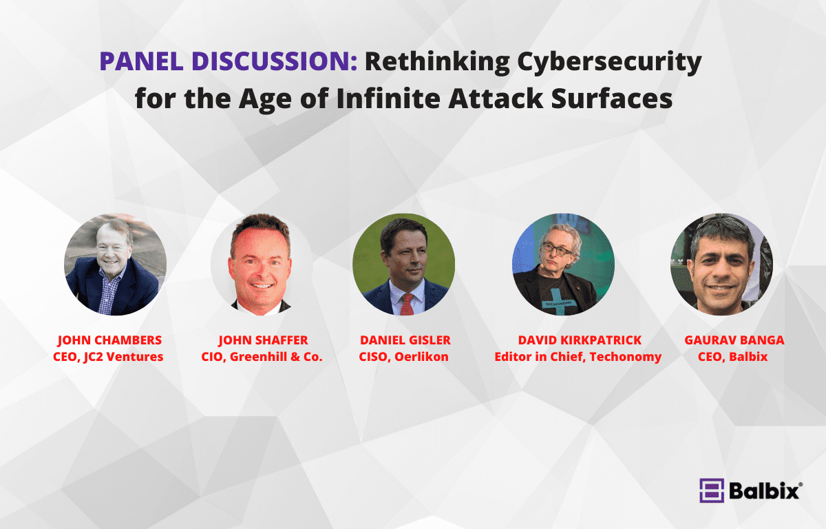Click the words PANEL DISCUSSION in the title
[x=229, y=61]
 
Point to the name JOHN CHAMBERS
[x=109, y=340]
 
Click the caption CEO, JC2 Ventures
[x=108, y=357]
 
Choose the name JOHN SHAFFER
[x=263, y=340]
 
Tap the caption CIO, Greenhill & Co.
[x=262, y=357]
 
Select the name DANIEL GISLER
[x=405, y=340]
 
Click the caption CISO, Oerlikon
[x=404, y=357]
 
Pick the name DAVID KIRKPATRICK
[x=580, y=340]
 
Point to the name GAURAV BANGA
[x=734, y=340]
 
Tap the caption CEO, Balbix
[x=732, y=357]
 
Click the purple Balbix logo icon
[x=712, y=490]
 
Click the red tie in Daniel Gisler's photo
[x=407, y=304]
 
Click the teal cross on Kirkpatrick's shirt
[x=560, y=300]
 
